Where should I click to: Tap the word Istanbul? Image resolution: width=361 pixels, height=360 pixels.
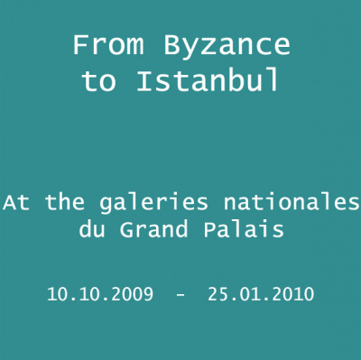click(x=208, y=82)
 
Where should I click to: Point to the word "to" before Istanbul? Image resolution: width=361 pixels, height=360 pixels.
click(x=99, y=82)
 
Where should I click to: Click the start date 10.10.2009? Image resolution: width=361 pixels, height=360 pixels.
click(x=99, y=294)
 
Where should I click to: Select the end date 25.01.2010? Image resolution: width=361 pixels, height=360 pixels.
click(x=260, y=294)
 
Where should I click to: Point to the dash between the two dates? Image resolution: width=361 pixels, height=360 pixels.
click(x=180, y=295)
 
